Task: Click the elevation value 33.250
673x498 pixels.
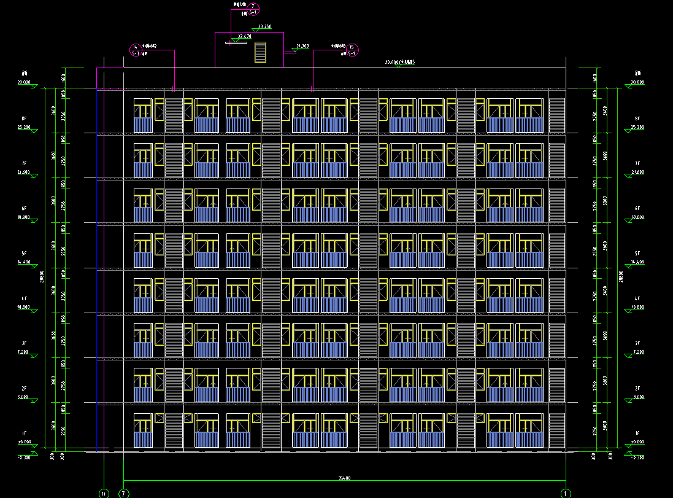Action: (265, 26)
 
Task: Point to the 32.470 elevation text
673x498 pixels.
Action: (244, 37)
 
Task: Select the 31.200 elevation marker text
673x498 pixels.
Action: (302, 46)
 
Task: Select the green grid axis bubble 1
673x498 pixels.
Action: (565, 492)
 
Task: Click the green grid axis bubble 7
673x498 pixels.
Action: (124, 492)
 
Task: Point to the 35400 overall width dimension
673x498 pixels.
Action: (344, 477)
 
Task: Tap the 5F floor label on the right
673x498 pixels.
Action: (637, 253)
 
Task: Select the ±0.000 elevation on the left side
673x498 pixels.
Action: (25, 442)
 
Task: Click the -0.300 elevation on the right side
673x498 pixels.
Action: (637, 457)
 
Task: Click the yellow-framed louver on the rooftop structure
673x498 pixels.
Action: (260, 52)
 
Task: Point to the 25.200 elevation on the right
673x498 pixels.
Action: (637, 127)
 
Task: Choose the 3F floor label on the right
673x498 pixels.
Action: (637, 343)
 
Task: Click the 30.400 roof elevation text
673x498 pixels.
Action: (399, 62)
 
